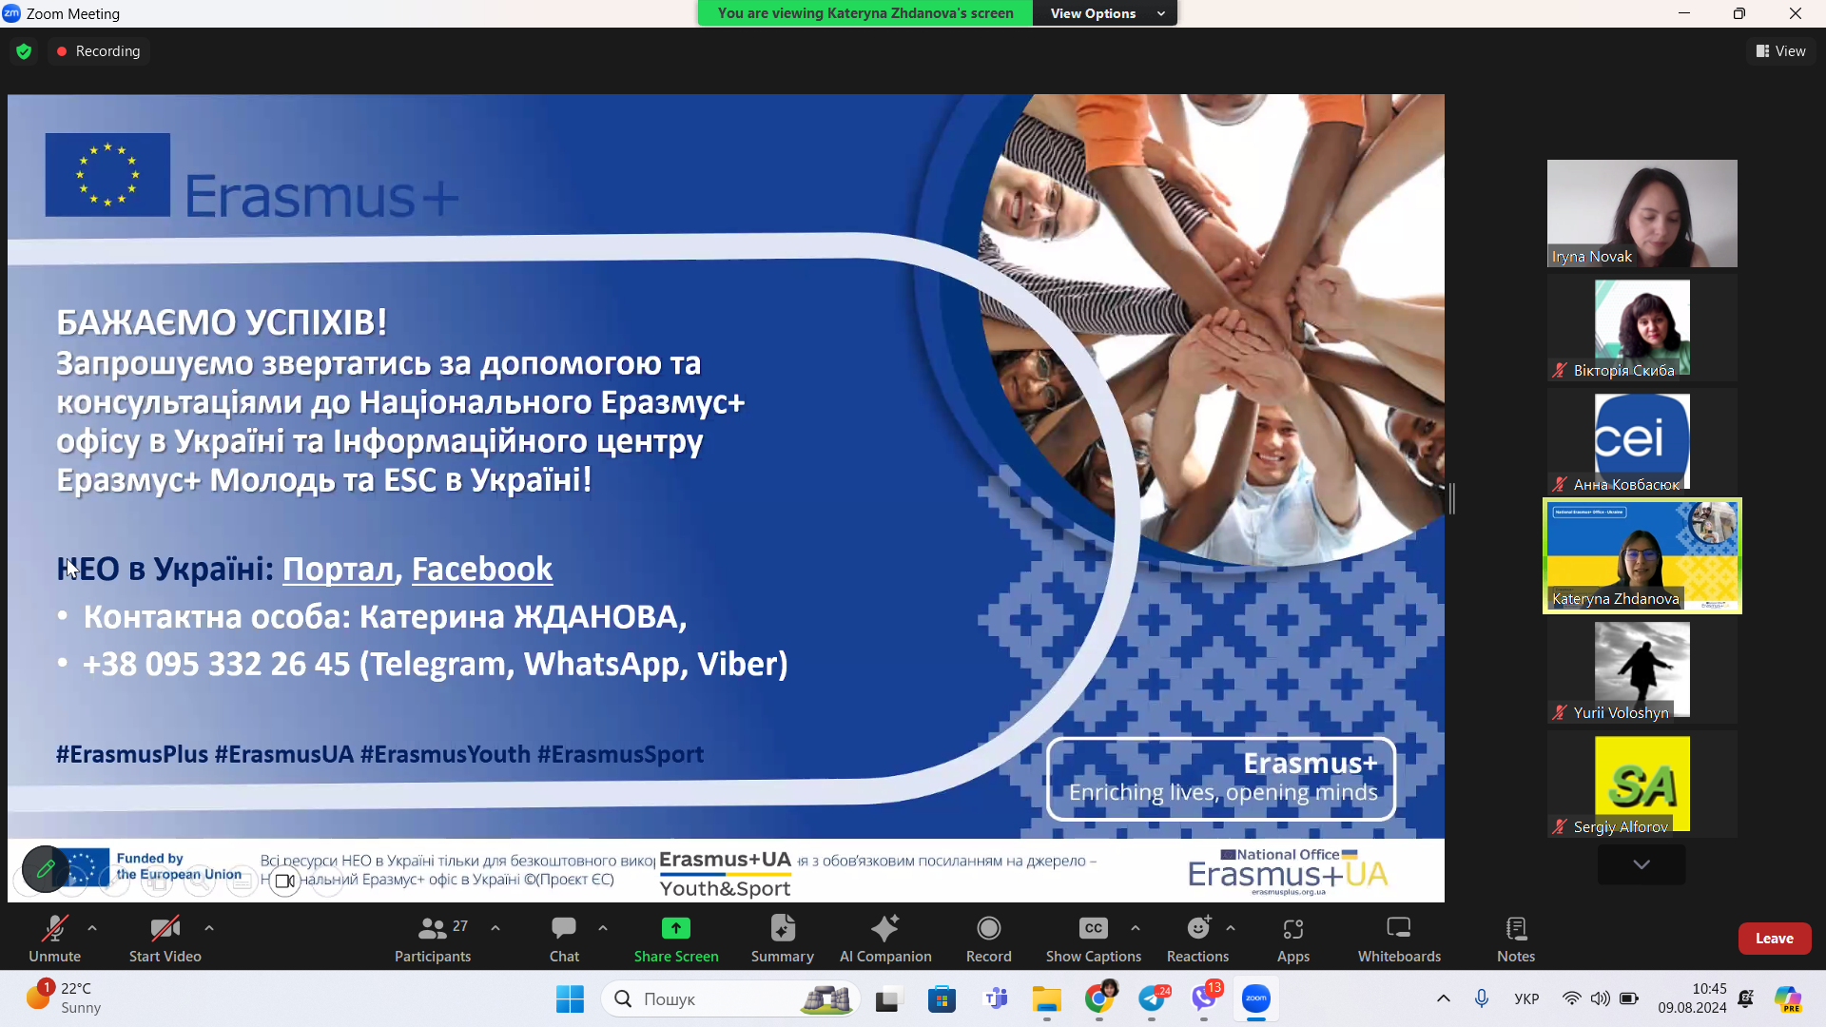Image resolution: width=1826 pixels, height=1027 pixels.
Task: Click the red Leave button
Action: (x=1774, y=939)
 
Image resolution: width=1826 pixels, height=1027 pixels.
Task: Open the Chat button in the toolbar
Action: (x=564, y=938)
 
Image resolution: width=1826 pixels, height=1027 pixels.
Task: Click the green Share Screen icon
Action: (x=675, y=928)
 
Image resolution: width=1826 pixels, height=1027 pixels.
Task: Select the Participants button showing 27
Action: (x=434, y=938)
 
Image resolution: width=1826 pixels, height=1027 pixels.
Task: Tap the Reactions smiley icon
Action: (x=1198, y=928)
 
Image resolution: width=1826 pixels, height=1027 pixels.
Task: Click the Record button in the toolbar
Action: (x=988, y=938)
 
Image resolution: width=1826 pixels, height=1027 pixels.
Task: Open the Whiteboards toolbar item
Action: (x=1399, y=938)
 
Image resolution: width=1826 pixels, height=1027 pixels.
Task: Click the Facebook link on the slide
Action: (x=481, y=569)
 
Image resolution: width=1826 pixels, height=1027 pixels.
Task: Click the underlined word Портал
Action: (x=338, y=569)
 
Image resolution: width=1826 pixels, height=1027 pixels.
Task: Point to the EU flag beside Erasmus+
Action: (x=107, y=175)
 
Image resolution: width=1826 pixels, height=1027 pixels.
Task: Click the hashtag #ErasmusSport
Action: (x=620, y=754)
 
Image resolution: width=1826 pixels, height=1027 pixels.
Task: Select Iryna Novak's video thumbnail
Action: (x=1641, y=213)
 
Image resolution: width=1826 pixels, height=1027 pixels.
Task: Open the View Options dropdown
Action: (x=1106, y=13)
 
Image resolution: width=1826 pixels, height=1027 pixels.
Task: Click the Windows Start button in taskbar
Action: (x=570, y=998)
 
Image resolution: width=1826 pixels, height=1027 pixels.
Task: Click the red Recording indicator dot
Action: (x=62, y=51)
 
